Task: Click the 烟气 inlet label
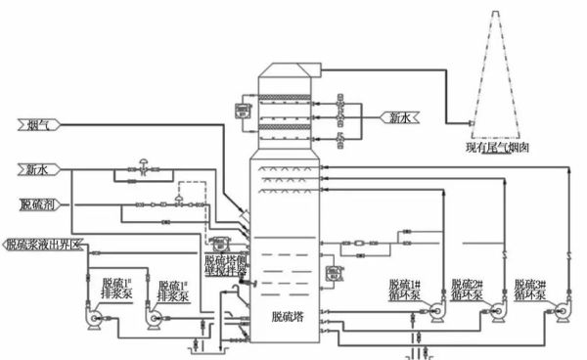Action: (36, 124)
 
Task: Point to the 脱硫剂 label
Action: (39, 204)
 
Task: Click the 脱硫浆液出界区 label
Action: (45, 244)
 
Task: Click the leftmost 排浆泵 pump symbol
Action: (97, 319)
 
